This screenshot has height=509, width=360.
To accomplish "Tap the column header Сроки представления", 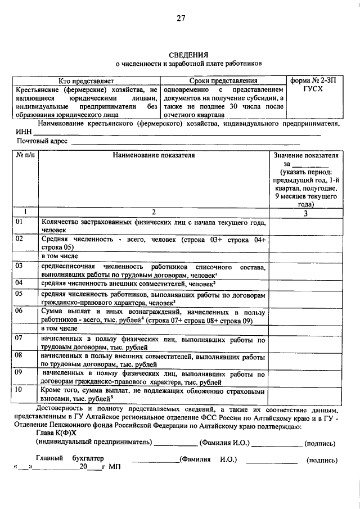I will (x=223, y=82).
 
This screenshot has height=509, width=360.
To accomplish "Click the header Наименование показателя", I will (x=153, y=155).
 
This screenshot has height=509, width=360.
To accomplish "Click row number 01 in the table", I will (x=19, y=222).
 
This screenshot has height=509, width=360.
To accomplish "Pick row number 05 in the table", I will (x=19, y=293).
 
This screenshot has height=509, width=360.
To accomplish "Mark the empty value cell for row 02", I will (x=305, y=242).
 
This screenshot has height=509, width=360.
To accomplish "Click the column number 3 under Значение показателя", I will (x=305, y=213).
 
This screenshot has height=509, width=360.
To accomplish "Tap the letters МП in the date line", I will (x=115, y=467).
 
